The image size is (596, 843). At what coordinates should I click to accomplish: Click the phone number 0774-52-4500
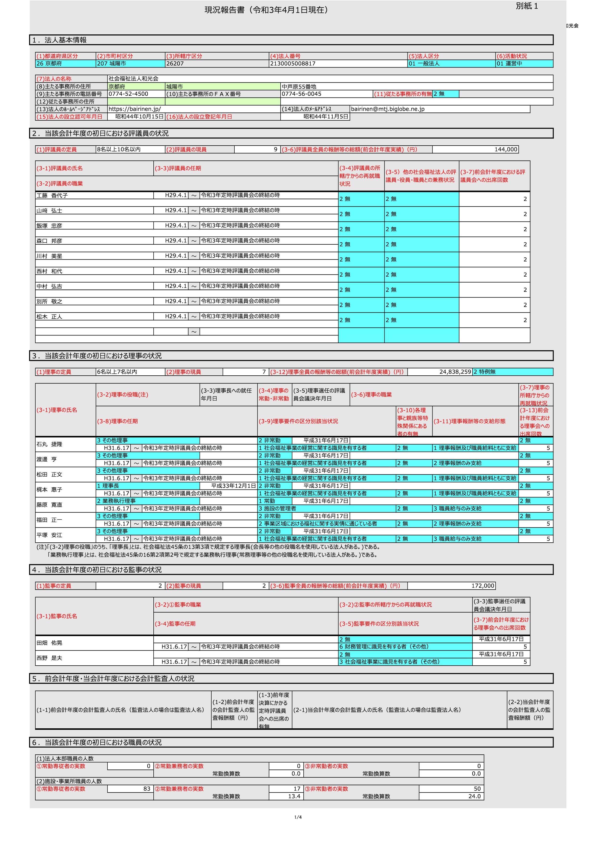(128, 94)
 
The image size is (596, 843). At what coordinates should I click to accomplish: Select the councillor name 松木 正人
(49, 316)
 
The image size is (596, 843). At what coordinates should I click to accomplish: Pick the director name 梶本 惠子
(49, 490)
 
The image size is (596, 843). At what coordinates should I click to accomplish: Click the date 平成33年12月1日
(233, 486)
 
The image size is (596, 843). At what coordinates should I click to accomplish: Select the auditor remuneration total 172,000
(483, 586)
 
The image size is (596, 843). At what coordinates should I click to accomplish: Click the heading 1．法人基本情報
(59, 40)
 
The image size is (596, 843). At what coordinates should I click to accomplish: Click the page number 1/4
(298, 817)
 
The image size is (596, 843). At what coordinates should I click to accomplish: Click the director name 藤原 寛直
(49, 505)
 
